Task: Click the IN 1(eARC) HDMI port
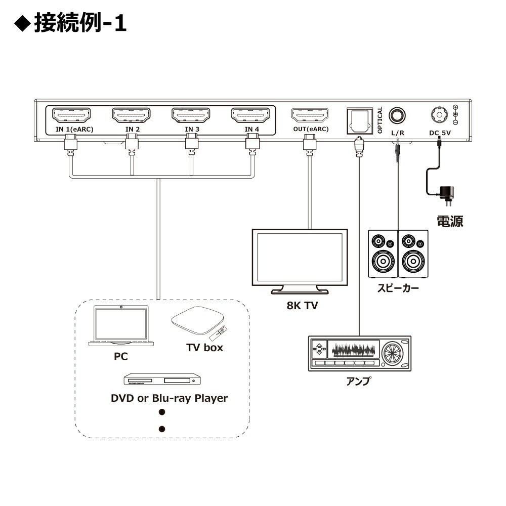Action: click(71, 115)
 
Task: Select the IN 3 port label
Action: click(192, 130)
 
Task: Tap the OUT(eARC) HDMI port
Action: click(310, 115)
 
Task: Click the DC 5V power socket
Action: click(439, 115)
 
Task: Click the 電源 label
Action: click(450, 221)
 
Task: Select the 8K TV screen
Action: click(300, 257)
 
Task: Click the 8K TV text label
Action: click(300, 306)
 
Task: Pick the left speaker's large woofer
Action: click(383, 262)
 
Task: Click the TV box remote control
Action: click(219, 333)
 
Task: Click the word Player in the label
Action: click(209, 398)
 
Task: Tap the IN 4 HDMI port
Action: click(251, 115)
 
